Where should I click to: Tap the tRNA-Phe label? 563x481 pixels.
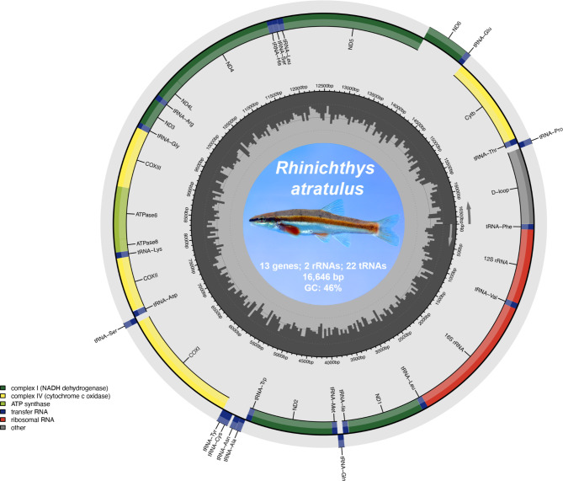[x=503, y=227]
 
